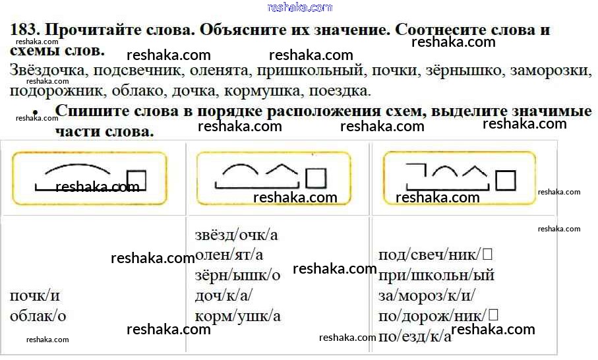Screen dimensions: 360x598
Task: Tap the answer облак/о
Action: [38, 316]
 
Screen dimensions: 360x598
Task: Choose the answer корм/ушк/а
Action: [238, 316]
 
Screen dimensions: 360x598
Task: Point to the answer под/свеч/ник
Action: [435, 255]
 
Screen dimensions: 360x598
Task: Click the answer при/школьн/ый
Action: [436, 275]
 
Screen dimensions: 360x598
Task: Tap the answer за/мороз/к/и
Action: [427, 295]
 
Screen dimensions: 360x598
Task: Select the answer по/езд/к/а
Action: [415, 336]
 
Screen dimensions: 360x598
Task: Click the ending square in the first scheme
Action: [136, 180]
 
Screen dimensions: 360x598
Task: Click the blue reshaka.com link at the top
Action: [299, 7]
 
